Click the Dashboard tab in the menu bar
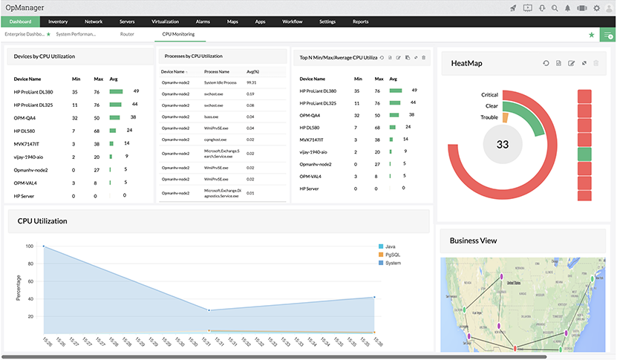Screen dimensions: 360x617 (x=20, y=22)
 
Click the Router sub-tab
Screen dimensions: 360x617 (x=126, y=34)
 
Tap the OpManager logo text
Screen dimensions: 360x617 (x=29, y=7)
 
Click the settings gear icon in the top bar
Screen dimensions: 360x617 (x=596, y=7)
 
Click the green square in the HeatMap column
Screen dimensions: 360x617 (x=584, y=154)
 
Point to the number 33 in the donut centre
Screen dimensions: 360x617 (x=503, y=144)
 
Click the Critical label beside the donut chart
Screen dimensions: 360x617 (x=489, y=95)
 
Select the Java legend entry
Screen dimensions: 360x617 (x=391, y=246)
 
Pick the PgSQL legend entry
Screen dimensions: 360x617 (x=393, y=255)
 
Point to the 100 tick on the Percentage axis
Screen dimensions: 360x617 (x=30, y=246)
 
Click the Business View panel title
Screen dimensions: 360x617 (x=474, y=240)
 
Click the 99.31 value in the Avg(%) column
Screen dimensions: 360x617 (x=251, y=82)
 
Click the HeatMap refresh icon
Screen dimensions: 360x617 (x=546, y=64)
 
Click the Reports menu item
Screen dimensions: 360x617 (x=360, y=22)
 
